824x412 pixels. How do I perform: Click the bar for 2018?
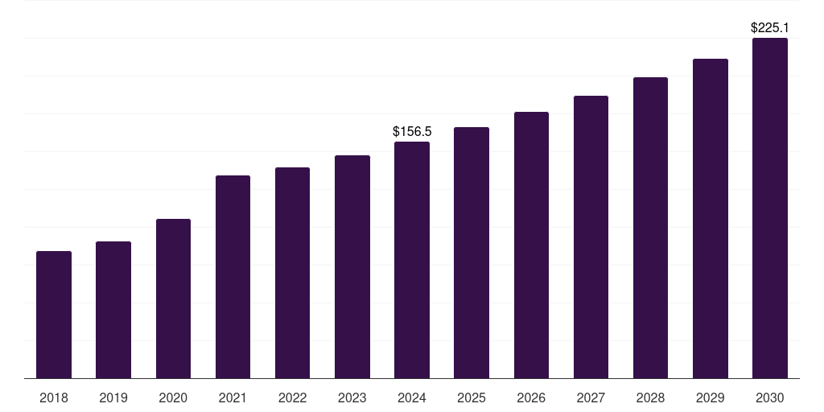[54, 315]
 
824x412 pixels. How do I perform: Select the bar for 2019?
[113, 310]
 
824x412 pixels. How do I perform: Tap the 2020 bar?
[174, 299]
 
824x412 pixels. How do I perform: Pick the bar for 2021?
[233, 277]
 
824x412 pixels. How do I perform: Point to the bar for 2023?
[352, 267]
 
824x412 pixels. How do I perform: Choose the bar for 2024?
[412, 260]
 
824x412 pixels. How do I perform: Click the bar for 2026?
[531, 245]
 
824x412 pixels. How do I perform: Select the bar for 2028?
[650, 228]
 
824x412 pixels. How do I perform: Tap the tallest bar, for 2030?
[770, 208]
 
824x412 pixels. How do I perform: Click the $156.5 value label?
[412, 131]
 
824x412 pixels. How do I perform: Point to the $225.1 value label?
[770, 28]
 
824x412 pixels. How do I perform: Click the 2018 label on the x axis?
[54, 398]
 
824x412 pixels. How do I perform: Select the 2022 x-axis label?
[292, 398]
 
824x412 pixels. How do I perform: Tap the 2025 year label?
[472, 398]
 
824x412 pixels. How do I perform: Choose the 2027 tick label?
[591, 398]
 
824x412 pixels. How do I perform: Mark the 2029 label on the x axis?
[710, 398]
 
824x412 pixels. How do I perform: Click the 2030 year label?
[770, 398]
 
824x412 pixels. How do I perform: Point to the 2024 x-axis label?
[412, 398]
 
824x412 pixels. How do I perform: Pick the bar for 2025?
[472, 253]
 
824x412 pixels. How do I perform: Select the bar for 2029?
[710, 219]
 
